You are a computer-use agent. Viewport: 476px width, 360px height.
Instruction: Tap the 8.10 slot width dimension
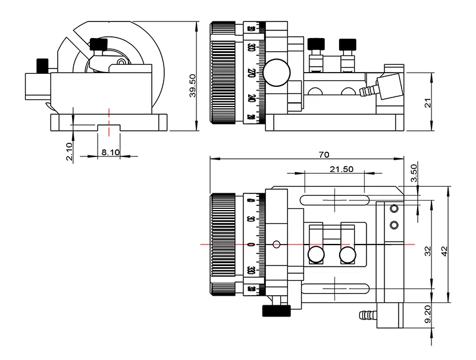111,152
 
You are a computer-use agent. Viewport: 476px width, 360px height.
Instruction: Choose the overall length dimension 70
324,155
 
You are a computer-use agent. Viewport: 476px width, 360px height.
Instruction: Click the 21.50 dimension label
342,169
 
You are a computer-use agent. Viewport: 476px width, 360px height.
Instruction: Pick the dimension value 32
427,252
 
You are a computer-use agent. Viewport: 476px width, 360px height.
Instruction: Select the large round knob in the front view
278,72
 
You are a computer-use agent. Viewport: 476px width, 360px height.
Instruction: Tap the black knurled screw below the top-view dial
275,311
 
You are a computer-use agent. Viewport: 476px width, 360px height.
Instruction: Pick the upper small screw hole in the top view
393,209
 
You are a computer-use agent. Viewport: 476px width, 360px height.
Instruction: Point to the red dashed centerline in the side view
108,111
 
